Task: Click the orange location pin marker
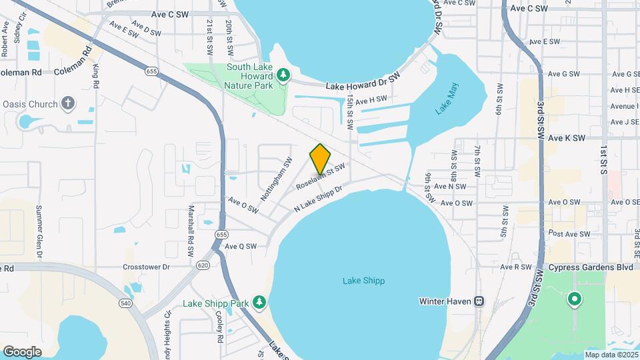point(321,159)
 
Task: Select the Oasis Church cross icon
point(67,103)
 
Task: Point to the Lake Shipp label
point(363,281)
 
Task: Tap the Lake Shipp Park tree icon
point(259,303)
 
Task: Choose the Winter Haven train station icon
point(479,301)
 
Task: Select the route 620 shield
point(203,265)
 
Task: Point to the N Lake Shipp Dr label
point(319,199)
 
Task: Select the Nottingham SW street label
point(277,179)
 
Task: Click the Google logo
point(22,351)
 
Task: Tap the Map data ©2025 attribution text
point(609,355)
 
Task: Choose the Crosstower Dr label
point(147,267)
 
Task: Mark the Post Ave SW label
point(569,234)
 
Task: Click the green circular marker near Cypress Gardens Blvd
point(574,299)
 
